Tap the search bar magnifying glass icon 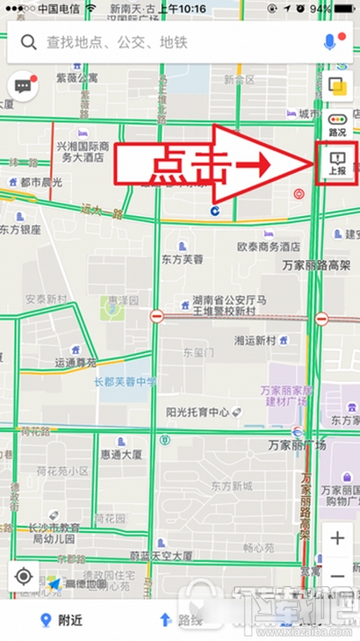click(29, 42)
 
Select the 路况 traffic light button click(337, 123)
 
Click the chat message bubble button click(22, 86)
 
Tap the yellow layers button click(337, 86)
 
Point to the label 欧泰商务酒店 click(267, 246)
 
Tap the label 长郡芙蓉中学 click(126, 382)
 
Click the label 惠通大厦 click(121, 455)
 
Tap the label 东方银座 click(21, 230)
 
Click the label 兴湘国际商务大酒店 click(83, 150)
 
